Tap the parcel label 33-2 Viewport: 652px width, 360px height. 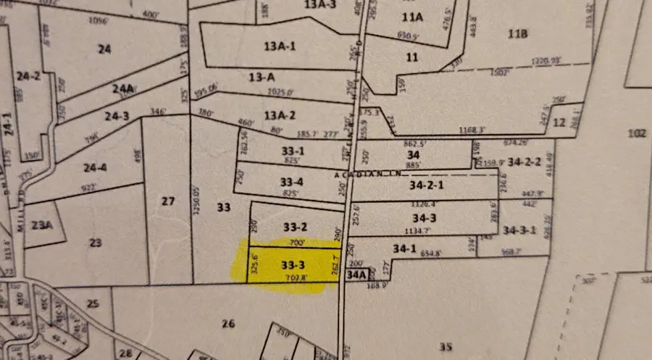coord(291,226)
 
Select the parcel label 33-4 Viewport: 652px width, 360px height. coord(291,182)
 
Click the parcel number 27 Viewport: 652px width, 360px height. coord(168,201)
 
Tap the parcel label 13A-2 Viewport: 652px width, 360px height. coord(280,114)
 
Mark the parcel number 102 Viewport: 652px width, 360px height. coord(635,133)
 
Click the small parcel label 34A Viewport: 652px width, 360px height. coord(356,275)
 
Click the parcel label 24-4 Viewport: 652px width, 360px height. coord(93,168)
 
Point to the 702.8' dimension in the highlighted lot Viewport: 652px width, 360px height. coord(298,277)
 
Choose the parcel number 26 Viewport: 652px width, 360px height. coord(229,324)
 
